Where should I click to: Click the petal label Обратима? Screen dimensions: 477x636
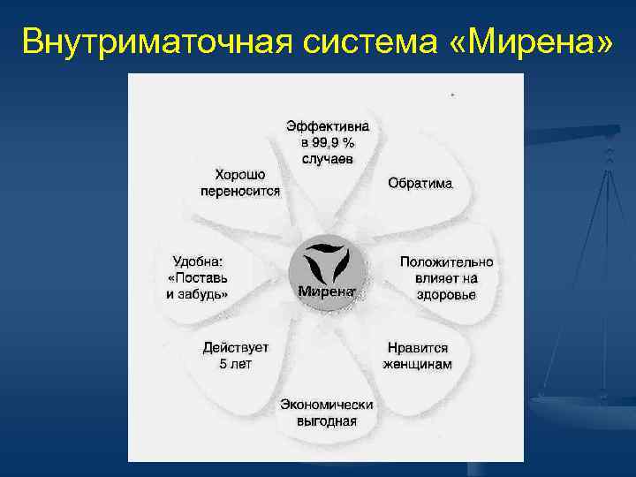(x=420, y=184)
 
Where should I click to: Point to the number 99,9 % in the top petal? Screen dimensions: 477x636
(x=328, y=142)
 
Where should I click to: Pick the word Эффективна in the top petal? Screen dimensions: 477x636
(x=328, y=126)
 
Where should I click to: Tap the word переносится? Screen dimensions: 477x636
(x=240, y=191)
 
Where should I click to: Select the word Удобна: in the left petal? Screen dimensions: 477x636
(x=198, y=261)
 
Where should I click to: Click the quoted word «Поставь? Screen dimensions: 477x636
(x=198, y=277)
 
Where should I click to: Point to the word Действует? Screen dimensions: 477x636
(x=236, y=348)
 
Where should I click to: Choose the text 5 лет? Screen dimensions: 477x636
(x=236, y=364)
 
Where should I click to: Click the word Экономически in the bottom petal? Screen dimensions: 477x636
(x=327, y=405)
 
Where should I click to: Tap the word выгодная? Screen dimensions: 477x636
(x=327, y=420)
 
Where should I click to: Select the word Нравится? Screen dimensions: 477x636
(x=418, y=348)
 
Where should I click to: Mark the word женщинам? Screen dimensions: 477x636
(x=418, y=364)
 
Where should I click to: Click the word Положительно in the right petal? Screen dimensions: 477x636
(x=446, y=262)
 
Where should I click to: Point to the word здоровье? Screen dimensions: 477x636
(x=446, y=294)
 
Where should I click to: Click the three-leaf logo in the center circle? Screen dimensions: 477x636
(x=327, y=262)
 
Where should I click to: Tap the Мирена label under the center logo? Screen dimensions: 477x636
(x=326, y=291)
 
